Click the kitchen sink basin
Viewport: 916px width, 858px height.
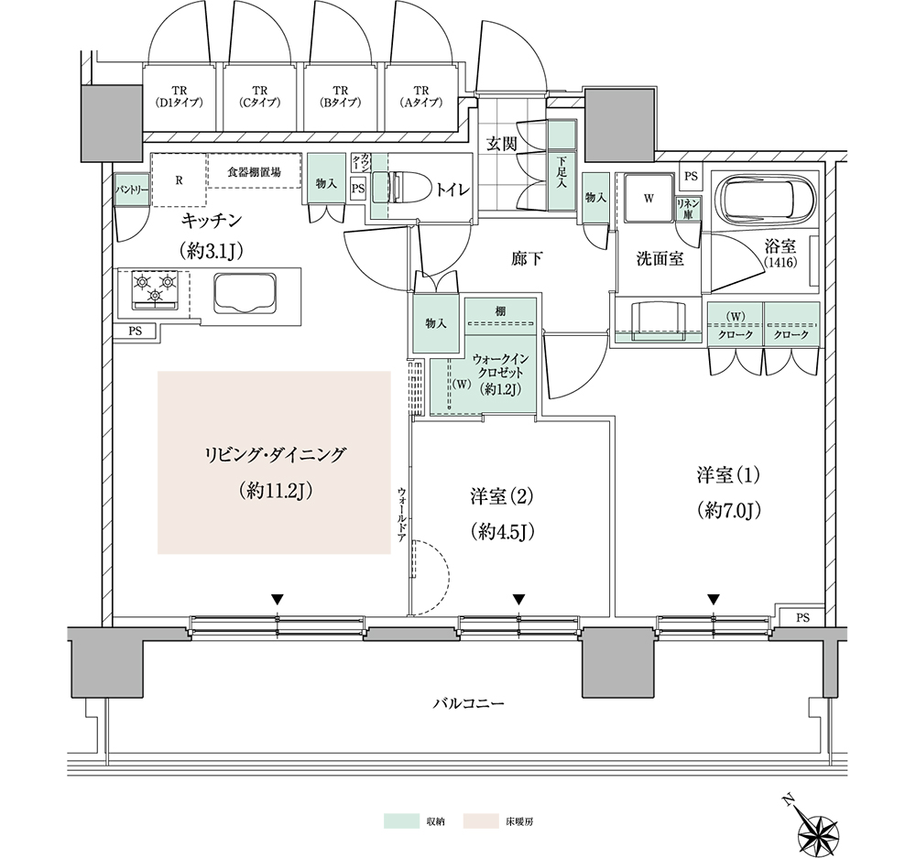(x=245, y=293)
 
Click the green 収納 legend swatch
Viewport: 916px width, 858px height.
(x=401, y=820)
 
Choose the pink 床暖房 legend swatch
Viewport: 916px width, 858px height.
(x=482, y=820)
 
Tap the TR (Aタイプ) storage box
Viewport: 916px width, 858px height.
(x=420, y=97)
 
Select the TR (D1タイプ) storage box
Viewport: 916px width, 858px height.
(x=180, y=97)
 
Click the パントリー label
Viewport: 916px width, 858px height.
(x=131, y=190)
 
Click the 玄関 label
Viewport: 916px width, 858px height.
(x=502, y=144)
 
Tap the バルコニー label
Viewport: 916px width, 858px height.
(x=468, y=703)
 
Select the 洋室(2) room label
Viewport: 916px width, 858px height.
(x=502, y=496)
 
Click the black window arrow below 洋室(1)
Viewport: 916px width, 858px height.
(x=714, y=599)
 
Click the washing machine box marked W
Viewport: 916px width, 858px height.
(x=648, y=198)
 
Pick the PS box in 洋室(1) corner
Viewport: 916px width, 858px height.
(x=802, y=617)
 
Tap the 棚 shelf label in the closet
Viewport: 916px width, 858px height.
(x=501, y=311)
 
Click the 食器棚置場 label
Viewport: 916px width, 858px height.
(x=254, y=172)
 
